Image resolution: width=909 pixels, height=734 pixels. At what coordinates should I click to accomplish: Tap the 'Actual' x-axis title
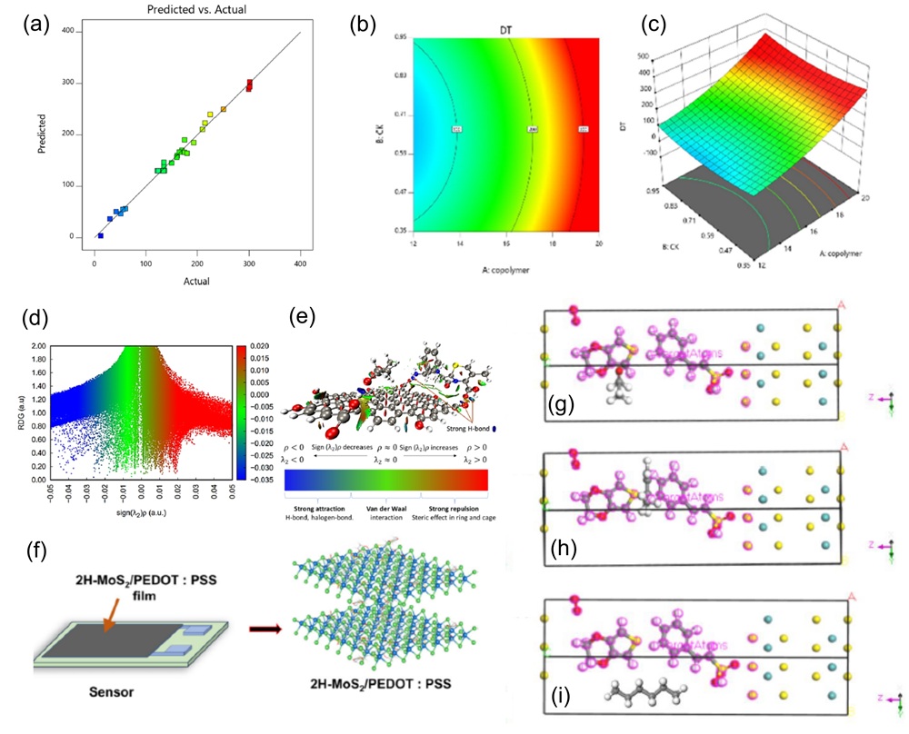pyautogui.click(x=196, y=281)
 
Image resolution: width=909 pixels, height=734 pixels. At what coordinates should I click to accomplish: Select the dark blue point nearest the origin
pyautogui.click(x=100, y=235)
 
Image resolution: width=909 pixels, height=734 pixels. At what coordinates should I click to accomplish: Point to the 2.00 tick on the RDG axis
pyautogui.click(x=37, y=346)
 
